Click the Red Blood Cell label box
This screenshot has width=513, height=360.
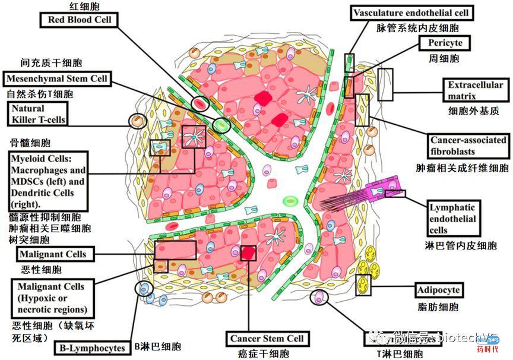click(x=79, y=20)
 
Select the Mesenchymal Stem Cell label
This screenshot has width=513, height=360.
click(x=57, y=78)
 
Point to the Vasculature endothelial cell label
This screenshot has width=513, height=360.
click(x=411, y=12)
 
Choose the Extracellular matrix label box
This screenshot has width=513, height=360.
click(x=475, y=90)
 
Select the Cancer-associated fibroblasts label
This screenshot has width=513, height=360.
click(x=468, y=145)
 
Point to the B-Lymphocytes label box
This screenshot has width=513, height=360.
click(x=92, y=348)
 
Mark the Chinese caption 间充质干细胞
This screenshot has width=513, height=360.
click(x=43, y=62)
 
